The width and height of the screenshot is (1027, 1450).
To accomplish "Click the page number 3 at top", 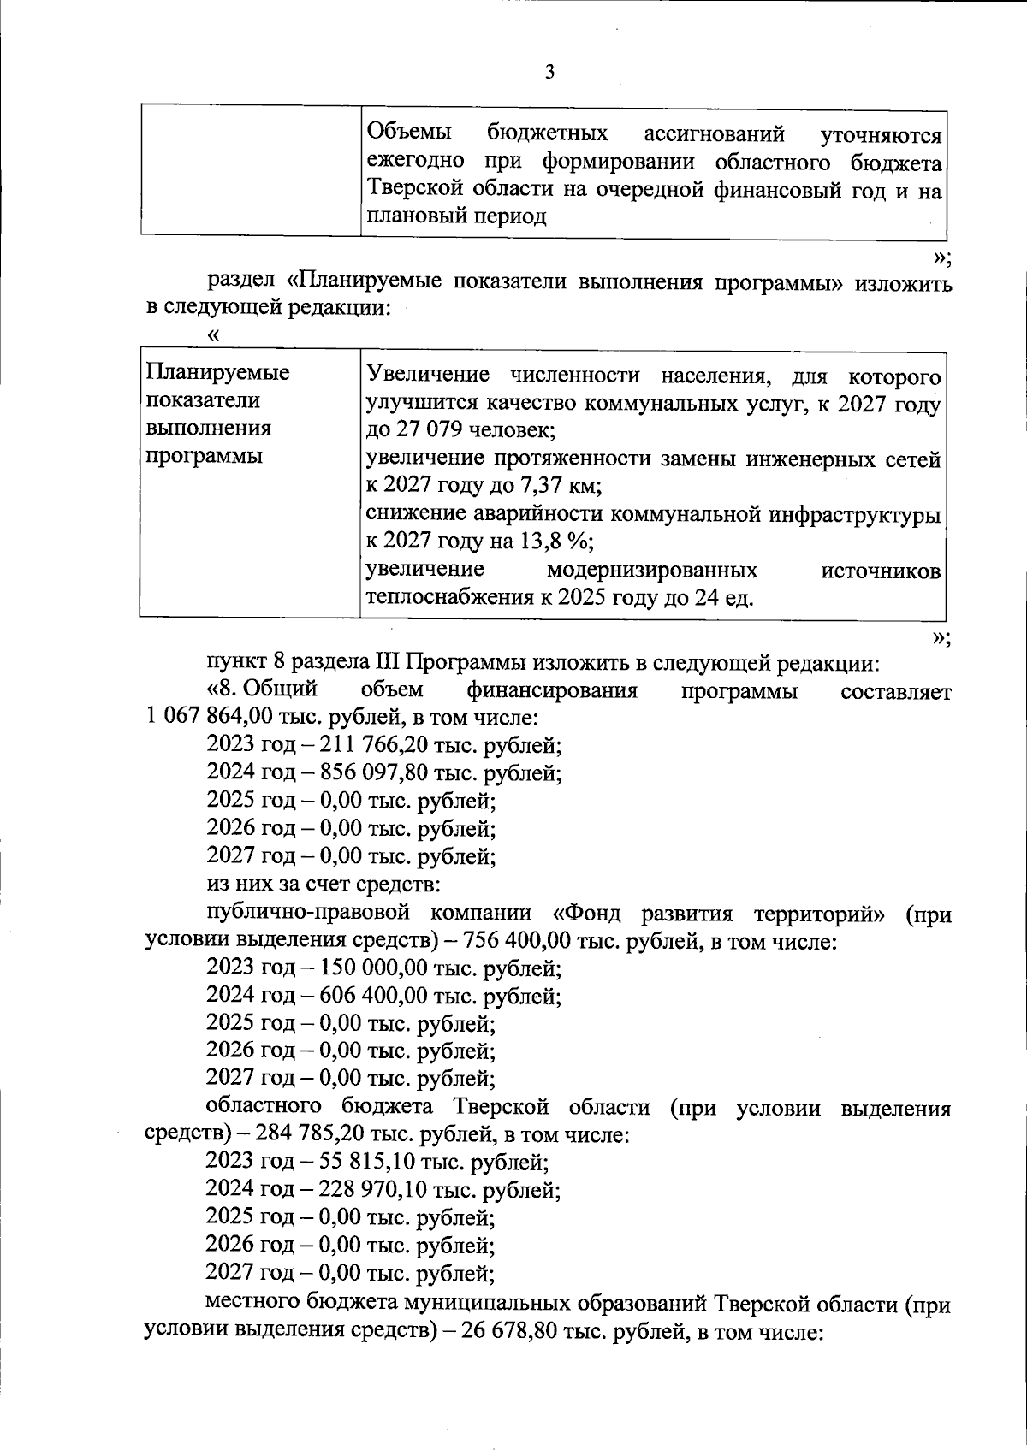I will click(x=549, y=73).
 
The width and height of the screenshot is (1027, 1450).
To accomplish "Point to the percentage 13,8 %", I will click(x=555, y=542).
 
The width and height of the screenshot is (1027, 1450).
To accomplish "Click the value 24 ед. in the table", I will click(x=724, y=597).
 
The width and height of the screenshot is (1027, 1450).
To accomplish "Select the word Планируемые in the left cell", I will click(x=218, y=373).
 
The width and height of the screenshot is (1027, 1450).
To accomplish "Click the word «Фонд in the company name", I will click(x=592, y=914).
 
